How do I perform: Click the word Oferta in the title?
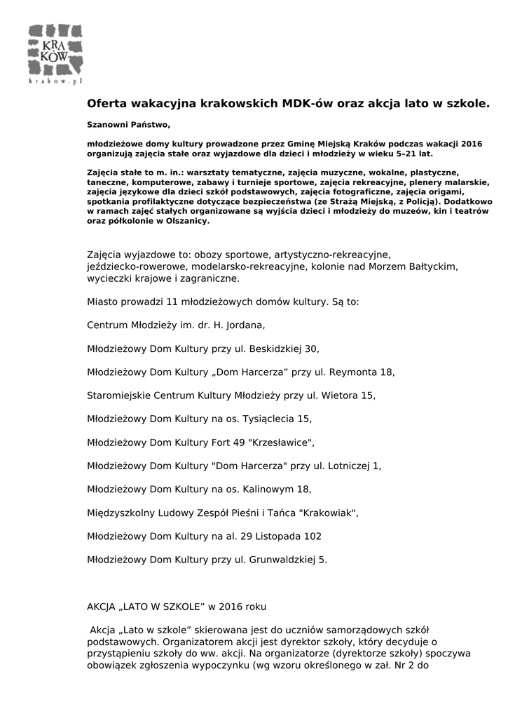click(107, 103)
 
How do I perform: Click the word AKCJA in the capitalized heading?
click(102, 605)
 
